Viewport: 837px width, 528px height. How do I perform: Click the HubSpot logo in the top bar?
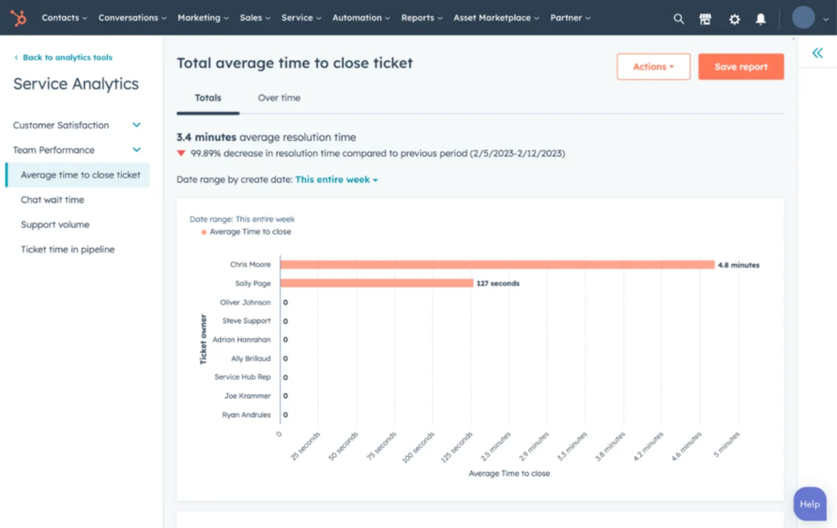(17, 17)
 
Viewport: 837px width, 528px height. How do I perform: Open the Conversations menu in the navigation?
(132, 18)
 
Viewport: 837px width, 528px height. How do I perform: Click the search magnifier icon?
(678, 19)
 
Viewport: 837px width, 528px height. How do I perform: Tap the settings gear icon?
(734, 19)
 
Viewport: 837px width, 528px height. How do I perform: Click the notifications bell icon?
(761, 19)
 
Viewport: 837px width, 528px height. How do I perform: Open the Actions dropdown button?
(653, 67)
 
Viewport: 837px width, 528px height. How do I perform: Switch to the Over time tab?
(279, 98)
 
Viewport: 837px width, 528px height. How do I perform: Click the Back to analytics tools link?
(67, 58)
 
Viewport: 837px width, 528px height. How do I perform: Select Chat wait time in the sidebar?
(52, 200)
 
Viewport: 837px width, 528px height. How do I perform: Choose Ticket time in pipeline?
(68, 250)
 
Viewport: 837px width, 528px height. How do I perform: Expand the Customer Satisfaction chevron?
(137, 125)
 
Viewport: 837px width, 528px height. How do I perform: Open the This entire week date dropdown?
(336, 180)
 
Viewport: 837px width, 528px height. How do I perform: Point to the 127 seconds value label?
(499, 284)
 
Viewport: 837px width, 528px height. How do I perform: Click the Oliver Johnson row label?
(245, 302)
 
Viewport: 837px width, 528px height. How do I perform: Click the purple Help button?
(809, 504)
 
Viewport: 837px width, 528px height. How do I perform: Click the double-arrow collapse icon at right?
(817, 53)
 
